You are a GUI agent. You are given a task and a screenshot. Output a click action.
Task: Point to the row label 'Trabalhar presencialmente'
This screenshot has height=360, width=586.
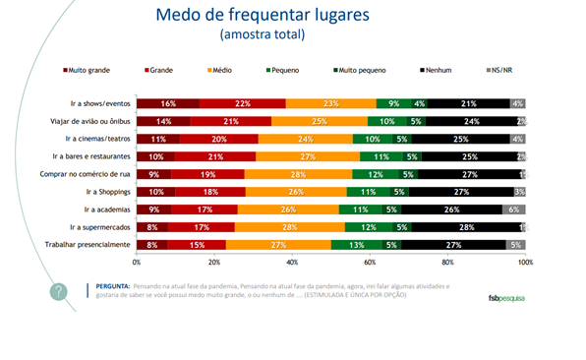(84, 244)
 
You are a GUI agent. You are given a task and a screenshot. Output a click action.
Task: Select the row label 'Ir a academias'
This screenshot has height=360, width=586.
(102, 209)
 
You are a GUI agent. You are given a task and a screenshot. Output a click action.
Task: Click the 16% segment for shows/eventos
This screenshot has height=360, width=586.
(168, 103)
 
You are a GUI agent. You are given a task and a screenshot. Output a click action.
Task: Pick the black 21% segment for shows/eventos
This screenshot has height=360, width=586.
(468, 103)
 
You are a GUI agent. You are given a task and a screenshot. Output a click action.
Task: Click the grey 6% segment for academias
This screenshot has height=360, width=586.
(514, 209)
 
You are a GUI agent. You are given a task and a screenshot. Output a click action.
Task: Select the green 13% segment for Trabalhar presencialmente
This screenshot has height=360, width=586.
(356, 244)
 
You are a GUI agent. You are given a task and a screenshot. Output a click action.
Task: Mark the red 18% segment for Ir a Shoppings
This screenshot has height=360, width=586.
(210, 191)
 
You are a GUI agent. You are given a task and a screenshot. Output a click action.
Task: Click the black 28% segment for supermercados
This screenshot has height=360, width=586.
(466, 226)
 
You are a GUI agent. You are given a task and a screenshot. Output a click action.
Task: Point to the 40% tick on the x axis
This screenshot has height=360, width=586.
(292, 263)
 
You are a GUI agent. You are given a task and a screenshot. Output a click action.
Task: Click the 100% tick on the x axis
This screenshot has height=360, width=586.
(525, 263)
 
